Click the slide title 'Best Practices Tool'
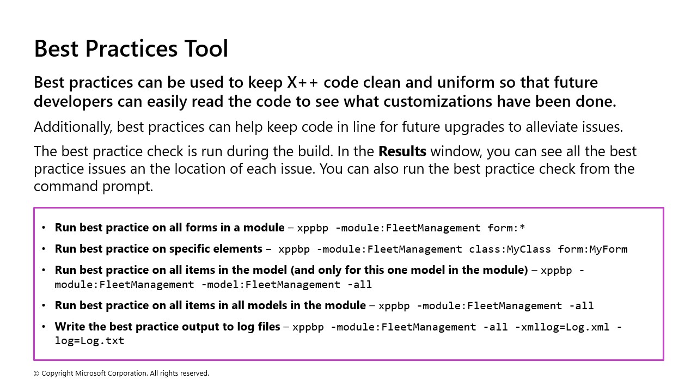(131, 48)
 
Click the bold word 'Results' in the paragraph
(402, 151)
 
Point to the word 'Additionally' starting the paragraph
(73, 127)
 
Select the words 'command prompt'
(93, 186)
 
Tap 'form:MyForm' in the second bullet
(592, 249)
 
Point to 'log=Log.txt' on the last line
(89, 341)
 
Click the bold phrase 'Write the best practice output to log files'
(167, 327)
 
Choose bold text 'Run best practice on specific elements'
(158, 249)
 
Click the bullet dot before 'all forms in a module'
(44, 228)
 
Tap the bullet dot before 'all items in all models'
(44, 305)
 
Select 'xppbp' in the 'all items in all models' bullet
(394, 306)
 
